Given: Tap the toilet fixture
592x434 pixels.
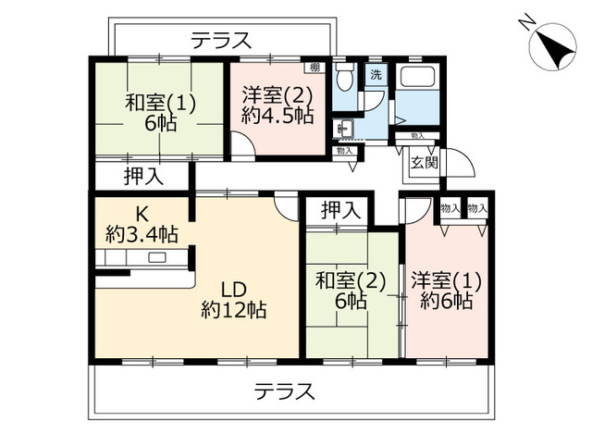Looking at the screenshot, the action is pos(344,78).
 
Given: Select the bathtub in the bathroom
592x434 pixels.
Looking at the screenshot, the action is pos(417,76).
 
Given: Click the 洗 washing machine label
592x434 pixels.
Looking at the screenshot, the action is pos(376,75).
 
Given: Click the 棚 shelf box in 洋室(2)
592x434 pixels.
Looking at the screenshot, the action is pos(314,68).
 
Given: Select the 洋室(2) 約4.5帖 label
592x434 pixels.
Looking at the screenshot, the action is pos(277,105).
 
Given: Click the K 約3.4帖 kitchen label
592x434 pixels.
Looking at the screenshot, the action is pos(142,225).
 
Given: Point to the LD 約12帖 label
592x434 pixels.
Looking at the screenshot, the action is pos(234,300).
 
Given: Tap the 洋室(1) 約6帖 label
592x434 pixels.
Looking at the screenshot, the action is pos(446,291).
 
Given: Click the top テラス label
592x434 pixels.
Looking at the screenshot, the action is pos(221,41).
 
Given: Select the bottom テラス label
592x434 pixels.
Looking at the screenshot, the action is pos(285,391).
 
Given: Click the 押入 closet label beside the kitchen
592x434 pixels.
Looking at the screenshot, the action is pos(143,176).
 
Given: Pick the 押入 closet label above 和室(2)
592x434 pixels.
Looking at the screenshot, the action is pos(340,210).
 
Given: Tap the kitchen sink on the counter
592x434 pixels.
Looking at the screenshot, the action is pos(156,258).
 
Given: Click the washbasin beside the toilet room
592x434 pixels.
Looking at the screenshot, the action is pos(343,129).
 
